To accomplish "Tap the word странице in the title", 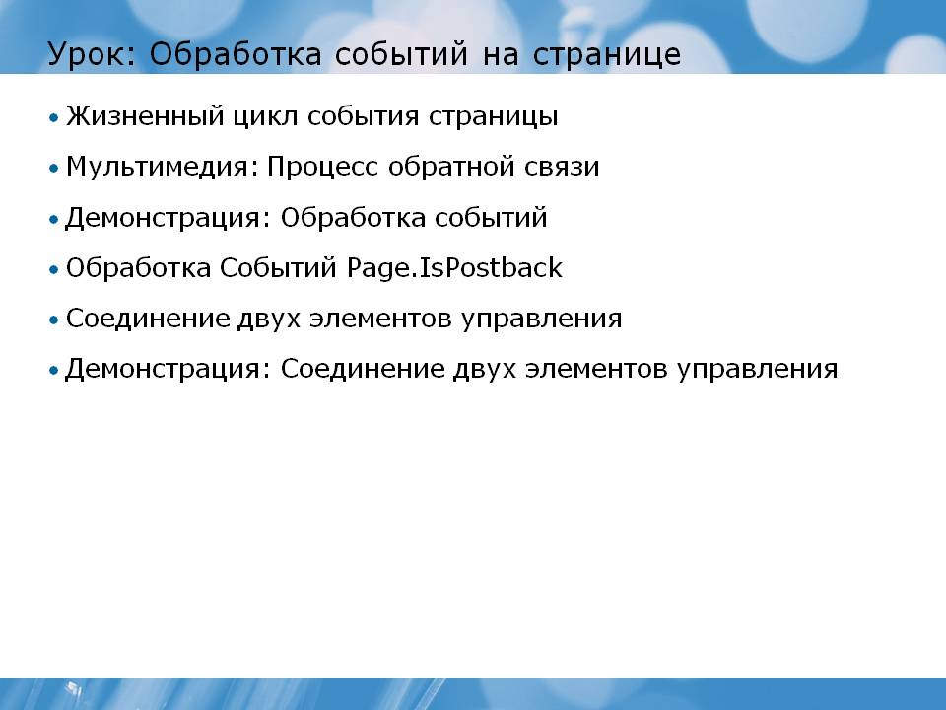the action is coord(607,55).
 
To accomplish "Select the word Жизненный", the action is coord(145,116).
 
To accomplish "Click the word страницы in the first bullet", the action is coord(494,117).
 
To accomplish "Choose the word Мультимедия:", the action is coord(162,167).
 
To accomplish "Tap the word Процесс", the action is coord(323,167).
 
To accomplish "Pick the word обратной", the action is coord(451,166).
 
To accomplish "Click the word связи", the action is coord(562,168).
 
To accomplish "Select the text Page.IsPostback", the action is coord(455,268).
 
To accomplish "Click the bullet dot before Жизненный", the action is coord(54,117).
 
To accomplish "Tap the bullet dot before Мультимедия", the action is coord(54,168).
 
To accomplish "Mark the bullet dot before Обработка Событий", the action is coord(54,269).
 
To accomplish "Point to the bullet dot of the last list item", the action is coord(54,370).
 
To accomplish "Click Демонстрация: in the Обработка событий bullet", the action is coord(169,218).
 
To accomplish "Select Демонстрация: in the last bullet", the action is coord(169,369).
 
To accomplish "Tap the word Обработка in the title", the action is coord(236,54).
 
